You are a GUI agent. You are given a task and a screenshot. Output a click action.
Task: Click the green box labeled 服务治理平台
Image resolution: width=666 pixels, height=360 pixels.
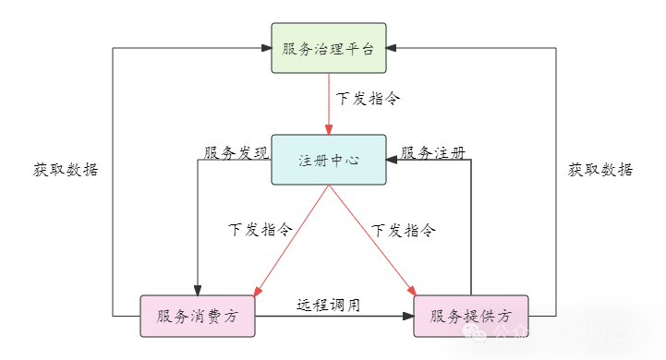tap(329, 48)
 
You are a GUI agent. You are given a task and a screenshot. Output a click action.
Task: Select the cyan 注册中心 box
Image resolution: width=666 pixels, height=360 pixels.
tap(329, 160)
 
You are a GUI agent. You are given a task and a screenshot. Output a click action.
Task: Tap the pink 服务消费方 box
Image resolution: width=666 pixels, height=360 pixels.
tap(198, 317)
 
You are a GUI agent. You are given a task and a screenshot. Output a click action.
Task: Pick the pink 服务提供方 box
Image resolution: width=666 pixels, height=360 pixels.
tap(470, 317)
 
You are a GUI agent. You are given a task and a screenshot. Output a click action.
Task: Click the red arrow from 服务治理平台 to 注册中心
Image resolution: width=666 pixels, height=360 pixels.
tap(329, 103)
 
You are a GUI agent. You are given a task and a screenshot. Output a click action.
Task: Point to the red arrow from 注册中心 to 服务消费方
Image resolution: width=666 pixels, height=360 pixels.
tap(291, 242)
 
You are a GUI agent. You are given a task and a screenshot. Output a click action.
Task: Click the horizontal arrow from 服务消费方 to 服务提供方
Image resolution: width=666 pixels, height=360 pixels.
tap(333, 317)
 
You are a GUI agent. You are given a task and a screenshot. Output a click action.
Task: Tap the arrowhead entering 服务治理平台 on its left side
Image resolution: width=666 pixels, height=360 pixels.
tap(265, 48)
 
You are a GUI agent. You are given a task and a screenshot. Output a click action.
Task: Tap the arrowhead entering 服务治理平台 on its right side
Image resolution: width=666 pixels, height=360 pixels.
tap(393, 48)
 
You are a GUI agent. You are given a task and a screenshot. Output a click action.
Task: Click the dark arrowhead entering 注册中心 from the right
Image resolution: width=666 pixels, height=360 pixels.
tap(393, 160)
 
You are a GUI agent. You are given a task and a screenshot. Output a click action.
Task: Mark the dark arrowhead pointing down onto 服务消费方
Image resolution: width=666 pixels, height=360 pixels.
tap(198, 290)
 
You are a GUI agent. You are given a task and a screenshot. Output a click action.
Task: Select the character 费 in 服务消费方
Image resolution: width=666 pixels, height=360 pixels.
tap(214, 317)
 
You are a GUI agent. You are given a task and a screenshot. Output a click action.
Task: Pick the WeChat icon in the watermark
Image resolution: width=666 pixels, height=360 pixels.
tap(480, 334)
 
